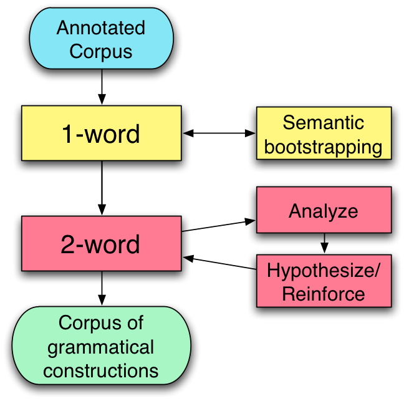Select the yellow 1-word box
pos(101,133)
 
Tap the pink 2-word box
pos(101,244)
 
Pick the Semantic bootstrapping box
pos(324,133)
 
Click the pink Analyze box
pos(324,210)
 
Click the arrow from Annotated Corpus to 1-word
pos(102,87)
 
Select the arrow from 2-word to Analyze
pos(218,226)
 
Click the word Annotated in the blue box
pos(101,29)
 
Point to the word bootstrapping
pos(324,147)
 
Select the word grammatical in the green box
pos(101,346)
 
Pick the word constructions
pos(101,370)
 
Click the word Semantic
pos(324,122)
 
